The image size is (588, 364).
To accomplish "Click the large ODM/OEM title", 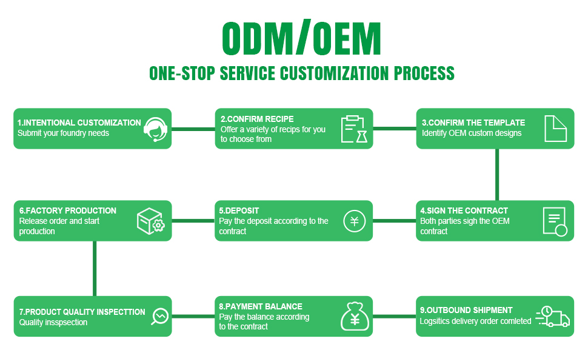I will pyautogui.click(x=301, y=39).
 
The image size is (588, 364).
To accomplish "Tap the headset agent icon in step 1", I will pyautogui.click(x=156, y=129).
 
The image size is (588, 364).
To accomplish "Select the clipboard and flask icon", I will pyautogui.click(x=354, y=129).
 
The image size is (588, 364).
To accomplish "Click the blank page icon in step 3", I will pyautogui.click(x=555, y=129).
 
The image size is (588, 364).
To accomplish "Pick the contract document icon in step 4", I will pyautogui.click(x=555, y=221).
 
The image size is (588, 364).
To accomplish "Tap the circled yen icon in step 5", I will pyautogui.click(x=355, y=221).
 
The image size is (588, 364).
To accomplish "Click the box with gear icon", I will pyautogui.click(x=150, y=221).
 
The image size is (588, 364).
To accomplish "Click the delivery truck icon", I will pyautogui.click(x=553, y=317).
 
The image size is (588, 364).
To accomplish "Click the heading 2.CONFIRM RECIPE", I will pyautogui.click(x=257, y=119).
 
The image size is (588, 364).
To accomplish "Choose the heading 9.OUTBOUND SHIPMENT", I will pyautogui.click(x=466, y=310).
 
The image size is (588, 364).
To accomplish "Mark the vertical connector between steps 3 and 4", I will pyautogui.click(x=497, y=174).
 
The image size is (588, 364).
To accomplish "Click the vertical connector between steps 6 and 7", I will pyautogui.click(x=95, y=268).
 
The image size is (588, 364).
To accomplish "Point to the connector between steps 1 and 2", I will pyautogui.click(x=193, y=129).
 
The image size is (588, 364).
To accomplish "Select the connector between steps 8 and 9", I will pyautogui.click(x=394, y=316).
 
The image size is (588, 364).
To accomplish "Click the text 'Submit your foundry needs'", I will pyautogui.click(x=63, y=133).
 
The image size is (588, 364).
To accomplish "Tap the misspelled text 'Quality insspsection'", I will pyautogui.click(x=53, y=322).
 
